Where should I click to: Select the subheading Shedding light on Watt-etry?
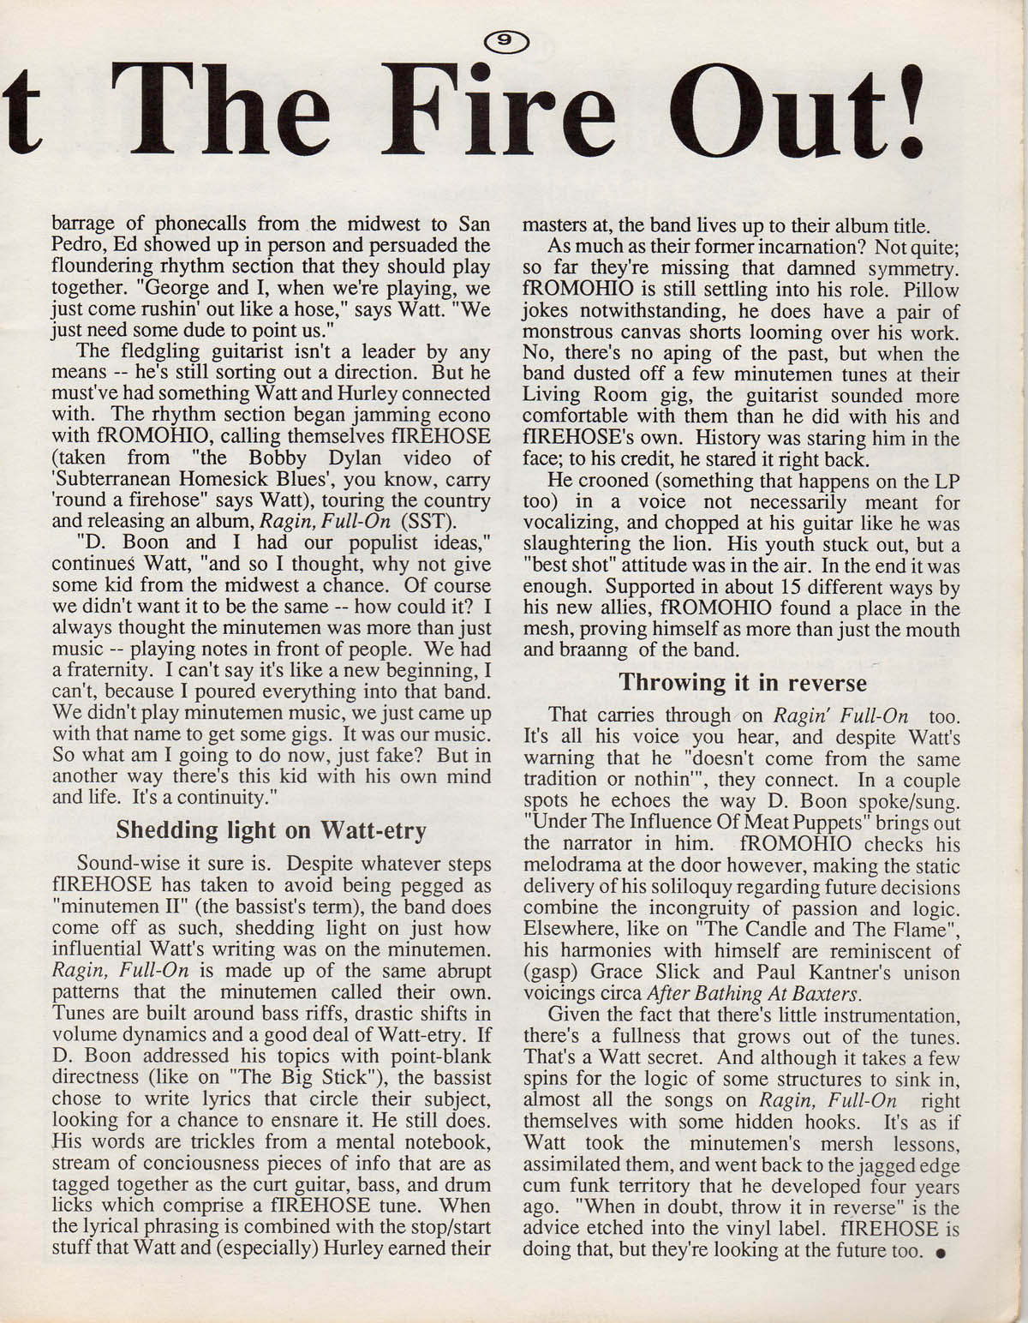coord(271,830)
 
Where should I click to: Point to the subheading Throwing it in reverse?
coord(742,683)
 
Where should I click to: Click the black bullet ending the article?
coord(941,1252)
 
